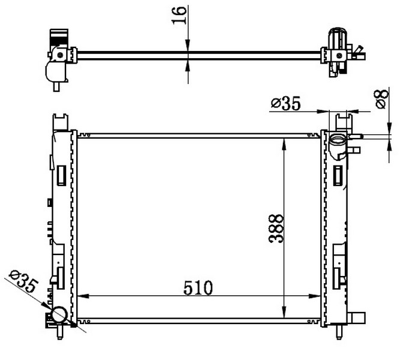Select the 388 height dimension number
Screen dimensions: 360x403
coord(276,229)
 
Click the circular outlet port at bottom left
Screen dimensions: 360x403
coord(60,314)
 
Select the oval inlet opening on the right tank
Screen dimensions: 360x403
coord(338,142)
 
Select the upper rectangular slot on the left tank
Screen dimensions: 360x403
coord(61,175)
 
